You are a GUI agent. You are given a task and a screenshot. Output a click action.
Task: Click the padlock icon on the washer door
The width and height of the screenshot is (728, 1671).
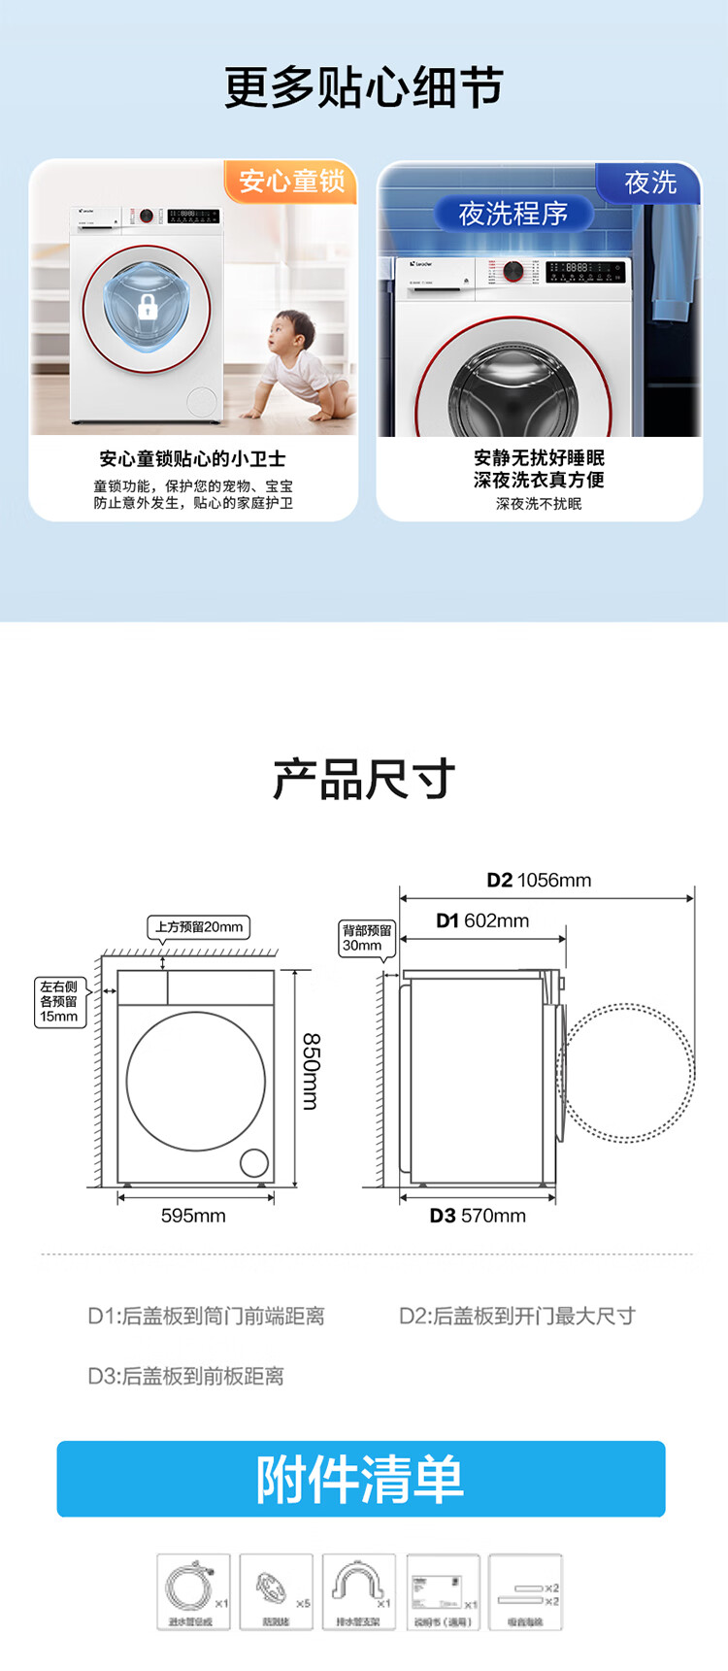[147, 308]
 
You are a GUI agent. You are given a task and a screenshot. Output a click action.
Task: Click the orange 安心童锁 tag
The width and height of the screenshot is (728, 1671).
[291, 182]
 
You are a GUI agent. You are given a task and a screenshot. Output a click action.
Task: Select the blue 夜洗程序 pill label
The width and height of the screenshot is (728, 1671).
[513, 214]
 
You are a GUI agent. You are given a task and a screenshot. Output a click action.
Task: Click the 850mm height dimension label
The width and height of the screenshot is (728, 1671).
[311, 1070]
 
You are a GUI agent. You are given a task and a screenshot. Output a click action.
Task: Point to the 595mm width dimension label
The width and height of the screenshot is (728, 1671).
[193, 1216]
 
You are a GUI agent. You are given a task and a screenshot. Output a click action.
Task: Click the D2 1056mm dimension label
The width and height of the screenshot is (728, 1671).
[539, 881]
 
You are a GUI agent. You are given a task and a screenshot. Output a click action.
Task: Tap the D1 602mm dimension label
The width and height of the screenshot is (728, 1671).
[482, 920]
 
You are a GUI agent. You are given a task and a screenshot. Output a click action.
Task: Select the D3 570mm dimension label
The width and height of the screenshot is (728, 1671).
[478, 1216]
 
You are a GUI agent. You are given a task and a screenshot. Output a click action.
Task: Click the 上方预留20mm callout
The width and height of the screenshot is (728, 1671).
[198, 927]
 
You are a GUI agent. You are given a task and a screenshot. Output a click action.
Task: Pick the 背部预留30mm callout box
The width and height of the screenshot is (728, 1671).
[366, 938]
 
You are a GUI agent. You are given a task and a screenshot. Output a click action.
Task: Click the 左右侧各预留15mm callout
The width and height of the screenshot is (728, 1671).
[59, 1002]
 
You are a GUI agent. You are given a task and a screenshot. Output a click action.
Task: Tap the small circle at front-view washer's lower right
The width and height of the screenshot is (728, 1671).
[254, 1162]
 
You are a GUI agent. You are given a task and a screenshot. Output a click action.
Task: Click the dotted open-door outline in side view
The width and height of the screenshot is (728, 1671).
[629, 1072]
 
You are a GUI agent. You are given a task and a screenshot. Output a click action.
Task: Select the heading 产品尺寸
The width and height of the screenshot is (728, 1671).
[363, 780]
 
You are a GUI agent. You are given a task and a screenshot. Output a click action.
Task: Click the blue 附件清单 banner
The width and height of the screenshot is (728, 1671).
[361, 1479]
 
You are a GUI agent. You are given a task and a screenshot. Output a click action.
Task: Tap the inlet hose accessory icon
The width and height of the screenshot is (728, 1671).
[193, 1591]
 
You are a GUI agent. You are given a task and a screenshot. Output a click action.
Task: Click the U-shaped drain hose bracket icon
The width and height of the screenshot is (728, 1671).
[358, 1591]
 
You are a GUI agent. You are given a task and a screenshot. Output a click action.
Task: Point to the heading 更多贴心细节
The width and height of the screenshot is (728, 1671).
[363, 88]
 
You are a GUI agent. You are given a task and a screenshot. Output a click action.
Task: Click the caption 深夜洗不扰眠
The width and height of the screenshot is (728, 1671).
[539, 504]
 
